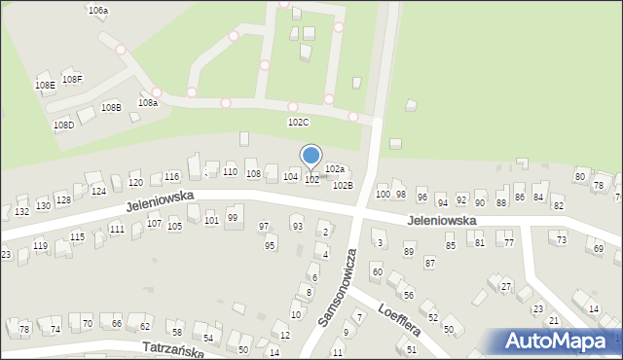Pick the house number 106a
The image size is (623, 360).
[97, 10]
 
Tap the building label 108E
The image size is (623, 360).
[45, 86]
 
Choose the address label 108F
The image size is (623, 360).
[72, 79]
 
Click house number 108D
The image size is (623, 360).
[63, 126]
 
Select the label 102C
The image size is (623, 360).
[298, 122]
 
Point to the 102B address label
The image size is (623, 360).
[343, 185]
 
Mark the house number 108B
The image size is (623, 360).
[111, 107]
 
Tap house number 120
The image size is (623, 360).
[135, 182]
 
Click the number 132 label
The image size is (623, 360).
[21, 211]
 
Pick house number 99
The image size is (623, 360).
[233, 217]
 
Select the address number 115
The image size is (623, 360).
[77, 236]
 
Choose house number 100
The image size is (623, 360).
[383, 195]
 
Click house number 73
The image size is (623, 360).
[561, 239]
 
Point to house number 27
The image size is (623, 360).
[506, 286]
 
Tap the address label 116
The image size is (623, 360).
[171, 176]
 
